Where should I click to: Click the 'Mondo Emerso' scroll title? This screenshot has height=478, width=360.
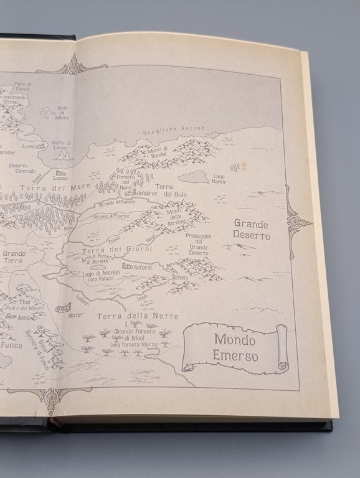[x=235, y=349]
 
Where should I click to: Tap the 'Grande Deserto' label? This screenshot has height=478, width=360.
[x=252, y=229]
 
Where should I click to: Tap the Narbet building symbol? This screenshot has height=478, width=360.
[x=64, y=307]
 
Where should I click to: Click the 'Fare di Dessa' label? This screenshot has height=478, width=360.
[x=24, y=87]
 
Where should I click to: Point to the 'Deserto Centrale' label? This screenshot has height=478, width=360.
[x=22, y=168]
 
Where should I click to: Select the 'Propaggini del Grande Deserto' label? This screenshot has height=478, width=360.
[x=199, y=245]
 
